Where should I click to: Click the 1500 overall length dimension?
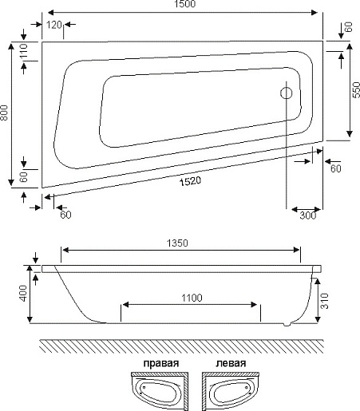pos(184,6)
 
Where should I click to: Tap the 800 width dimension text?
pos(6,114)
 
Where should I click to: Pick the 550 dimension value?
pos(354,92)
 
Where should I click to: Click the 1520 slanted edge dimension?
pos(188,182)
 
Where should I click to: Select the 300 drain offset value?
pos(307,215)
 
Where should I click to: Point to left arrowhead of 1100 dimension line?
pos(125,306)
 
